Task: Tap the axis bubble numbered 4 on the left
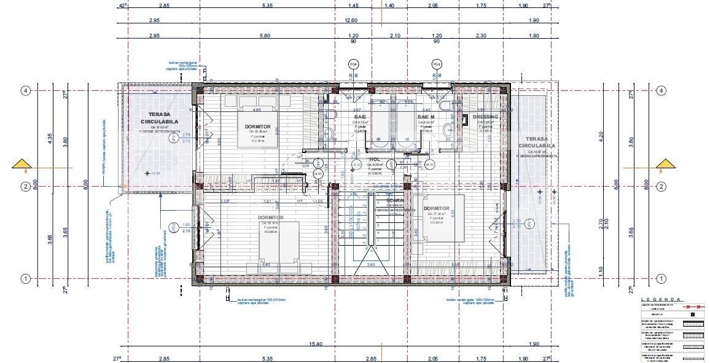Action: [x=26, y=90]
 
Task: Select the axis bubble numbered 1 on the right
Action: [x=661, y=279]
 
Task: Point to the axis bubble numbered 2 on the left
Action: [x=26, y=186]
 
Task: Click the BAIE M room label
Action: [x=426, y=117]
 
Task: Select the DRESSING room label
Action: [x=485, y=117]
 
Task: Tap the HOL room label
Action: [x=375, y=159]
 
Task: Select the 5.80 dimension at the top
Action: [x=265, y=36]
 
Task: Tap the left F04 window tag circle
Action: [x=353, y=64]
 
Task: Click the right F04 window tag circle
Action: [x=437, y=64]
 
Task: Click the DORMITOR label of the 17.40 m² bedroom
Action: [x=435, y=208]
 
